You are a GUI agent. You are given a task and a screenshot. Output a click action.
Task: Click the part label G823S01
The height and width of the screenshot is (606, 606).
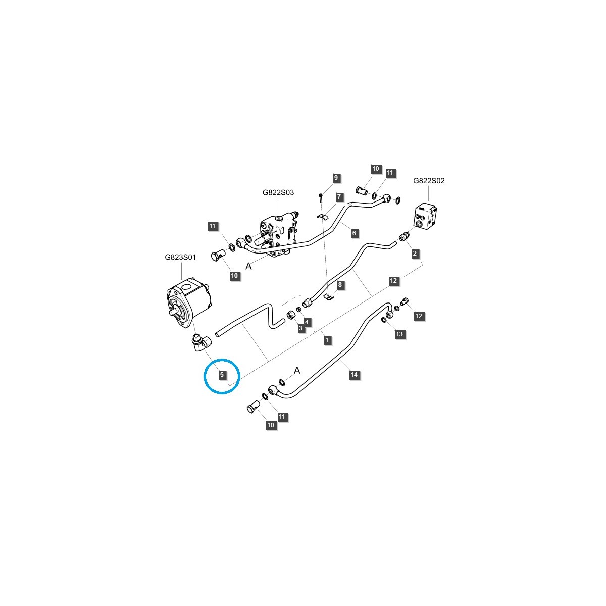coord(180,257)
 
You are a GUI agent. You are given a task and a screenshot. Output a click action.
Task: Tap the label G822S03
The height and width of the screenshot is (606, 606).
coord(278,192)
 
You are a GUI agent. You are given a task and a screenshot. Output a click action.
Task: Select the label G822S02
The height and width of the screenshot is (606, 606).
coord(429,180)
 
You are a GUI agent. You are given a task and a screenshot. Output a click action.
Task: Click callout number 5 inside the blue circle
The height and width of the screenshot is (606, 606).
coord(221,375)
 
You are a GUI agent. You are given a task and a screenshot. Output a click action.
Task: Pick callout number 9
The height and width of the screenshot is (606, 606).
coord(336,178)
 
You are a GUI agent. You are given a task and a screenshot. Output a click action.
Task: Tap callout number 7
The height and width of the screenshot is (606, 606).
coord(339,196)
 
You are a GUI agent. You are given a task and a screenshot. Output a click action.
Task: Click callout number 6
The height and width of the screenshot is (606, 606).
coord(354,233)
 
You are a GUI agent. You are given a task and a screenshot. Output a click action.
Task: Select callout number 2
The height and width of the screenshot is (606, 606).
coord(415,253)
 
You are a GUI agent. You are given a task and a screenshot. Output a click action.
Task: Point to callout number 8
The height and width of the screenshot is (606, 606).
coord(340,285)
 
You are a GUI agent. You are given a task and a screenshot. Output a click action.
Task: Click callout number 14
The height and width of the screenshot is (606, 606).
coord(354,374)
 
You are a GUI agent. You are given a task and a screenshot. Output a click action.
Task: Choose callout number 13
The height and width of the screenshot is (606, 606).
coord(399,334)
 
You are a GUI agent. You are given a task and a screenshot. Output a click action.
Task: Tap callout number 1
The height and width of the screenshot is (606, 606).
coord(327,341)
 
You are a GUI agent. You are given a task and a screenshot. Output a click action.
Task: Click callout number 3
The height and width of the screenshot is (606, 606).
coord(300,329)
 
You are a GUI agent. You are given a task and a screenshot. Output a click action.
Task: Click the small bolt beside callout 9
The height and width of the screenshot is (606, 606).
coord(321,197)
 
